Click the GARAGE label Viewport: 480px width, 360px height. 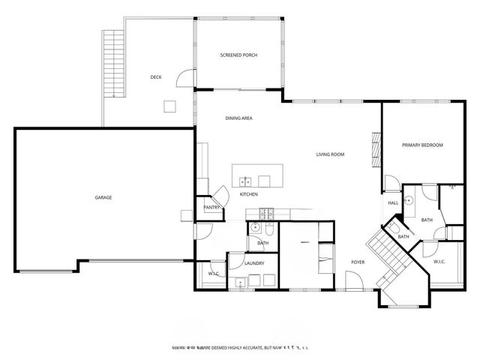point(103,197)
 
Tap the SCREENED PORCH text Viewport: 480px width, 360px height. point(238,55)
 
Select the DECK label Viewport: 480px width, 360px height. point(156,76)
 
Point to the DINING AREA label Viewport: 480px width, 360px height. point(238,118)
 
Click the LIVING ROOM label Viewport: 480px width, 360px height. point(330,154)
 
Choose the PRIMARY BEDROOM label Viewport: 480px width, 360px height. point(422,145)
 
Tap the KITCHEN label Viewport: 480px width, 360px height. point(249,194)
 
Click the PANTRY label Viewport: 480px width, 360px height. point(211,208)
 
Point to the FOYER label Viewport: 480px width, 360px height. point(358,262)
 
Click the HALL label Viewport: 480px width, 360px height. point(393,202)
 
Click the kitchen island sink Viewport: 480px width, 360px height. point(244,181)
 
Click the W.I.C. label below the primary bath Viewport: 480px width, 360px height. point(439,261)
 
